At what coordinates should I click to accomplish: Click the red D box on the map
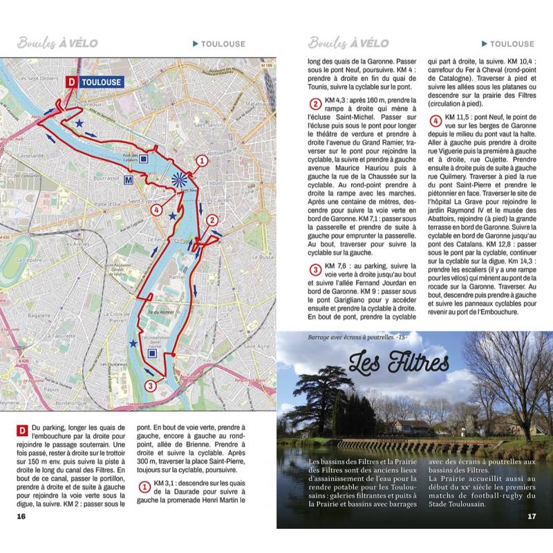71,82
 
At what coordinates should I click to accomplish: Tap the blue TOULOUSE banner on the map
101,82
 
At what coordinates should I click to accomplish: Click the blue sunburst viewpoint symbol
180,178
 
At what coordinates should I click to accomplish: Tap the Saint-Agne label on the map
257,346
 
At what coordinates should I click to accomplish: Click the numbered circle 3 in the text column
315,270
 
